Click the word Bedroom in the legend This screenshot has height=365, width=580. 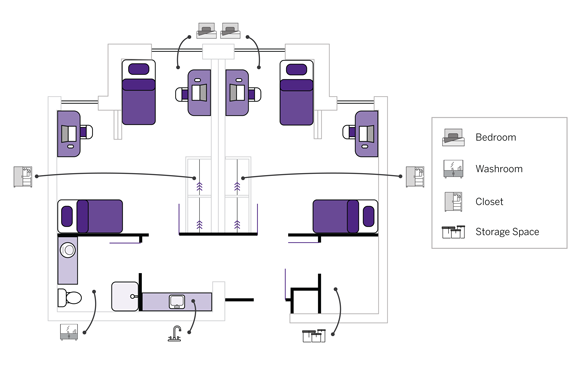coord(496,137)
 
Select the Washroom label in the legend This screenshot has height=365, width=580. coord(499,169)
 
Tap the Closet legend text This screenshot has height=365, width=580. coord(489,202)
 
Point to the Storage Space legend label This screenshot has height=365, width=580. coord(507,231)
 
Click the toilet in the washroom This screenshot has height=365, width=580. coord(70,298)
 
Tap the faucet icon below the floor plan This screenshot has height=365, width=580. coord(175,333)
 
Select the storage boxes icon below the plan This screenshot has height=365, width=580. coord(314,336)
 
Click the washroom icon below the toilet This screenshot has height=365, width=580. coord(69,332)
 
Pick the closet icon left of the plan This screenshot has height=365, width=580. coord(23,176)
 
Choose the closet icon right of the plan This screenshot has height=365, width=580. coord(415,176)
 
